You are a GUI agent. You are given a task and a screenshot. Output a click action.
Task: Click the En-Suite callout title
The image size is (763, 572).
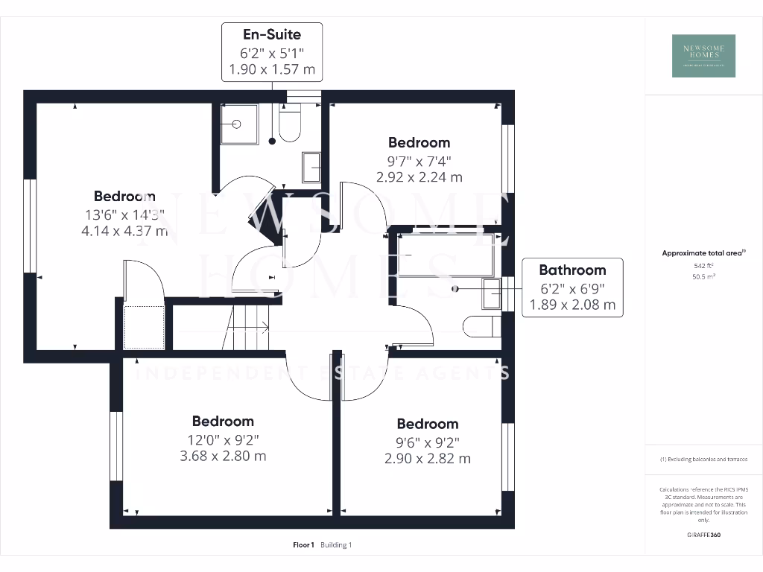[272, 34]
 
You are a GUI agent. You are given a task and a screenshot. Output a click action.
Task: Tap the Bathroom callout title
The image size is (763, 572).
[572, 270]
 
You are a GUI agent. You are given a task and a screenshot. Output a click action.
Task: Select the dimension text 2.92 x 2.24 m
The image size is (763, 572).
[419, 177]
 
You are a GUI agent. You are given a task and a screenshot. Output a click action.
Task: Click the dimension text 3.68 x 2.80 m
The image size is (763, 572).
[223, 456]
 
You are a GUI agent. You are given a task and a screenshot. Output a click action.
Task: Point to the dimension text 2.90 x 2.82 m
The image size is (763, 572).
[427, 459]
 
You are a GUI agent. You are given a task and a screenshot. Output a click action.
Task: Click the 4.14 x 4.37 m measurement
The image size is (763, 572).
[124, 231]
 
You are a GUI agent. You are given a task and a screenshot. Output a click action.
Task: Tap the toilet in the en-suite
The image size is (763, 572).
[289, 125]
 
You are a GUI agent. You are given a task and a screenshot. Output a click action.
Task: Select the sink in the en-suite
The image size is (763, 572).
[311, 166]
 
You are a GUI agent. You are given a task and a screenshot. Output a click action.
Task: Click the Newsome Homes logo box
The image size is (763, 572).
[703, 56]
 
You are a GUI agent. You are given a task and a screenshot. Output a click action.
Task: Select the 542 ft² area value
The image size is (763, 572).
[703, 265]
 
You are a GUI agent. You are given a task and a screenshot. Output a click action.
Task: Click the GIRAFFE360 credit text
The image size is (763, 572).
[703, 535]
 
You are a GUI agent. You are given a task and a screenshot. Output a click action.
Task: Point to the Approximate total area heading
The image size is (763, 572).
[703, 253]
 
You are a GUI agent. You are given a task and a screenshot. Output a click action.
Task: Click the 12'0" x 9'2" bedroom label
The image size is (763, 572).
[223, 439]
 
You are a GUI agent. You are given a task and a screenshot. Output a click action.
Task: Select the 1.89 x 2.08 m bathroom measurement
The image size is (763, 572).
[572, 304]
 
